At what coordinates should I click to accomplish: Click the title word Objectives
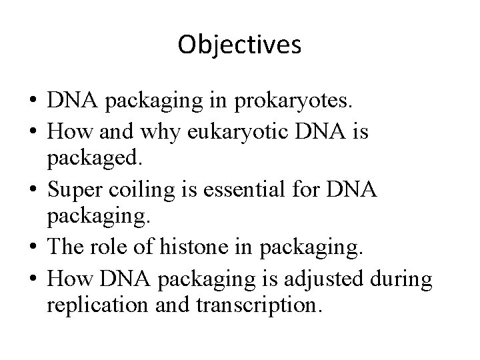click(240, 45)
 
